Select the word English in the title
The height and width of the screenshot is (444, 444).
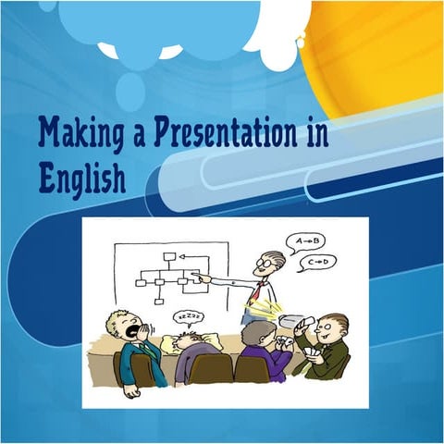pos(82,178)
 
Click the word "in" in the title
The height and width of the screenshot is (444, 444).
pos(315,135)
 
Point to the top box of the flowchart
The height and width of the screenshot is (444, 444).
pos(168,257)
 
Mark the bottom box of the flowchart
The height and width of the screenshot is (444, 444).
pos(159,301)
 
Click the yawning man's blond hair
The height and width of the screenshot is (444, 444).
pos(119,318)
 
